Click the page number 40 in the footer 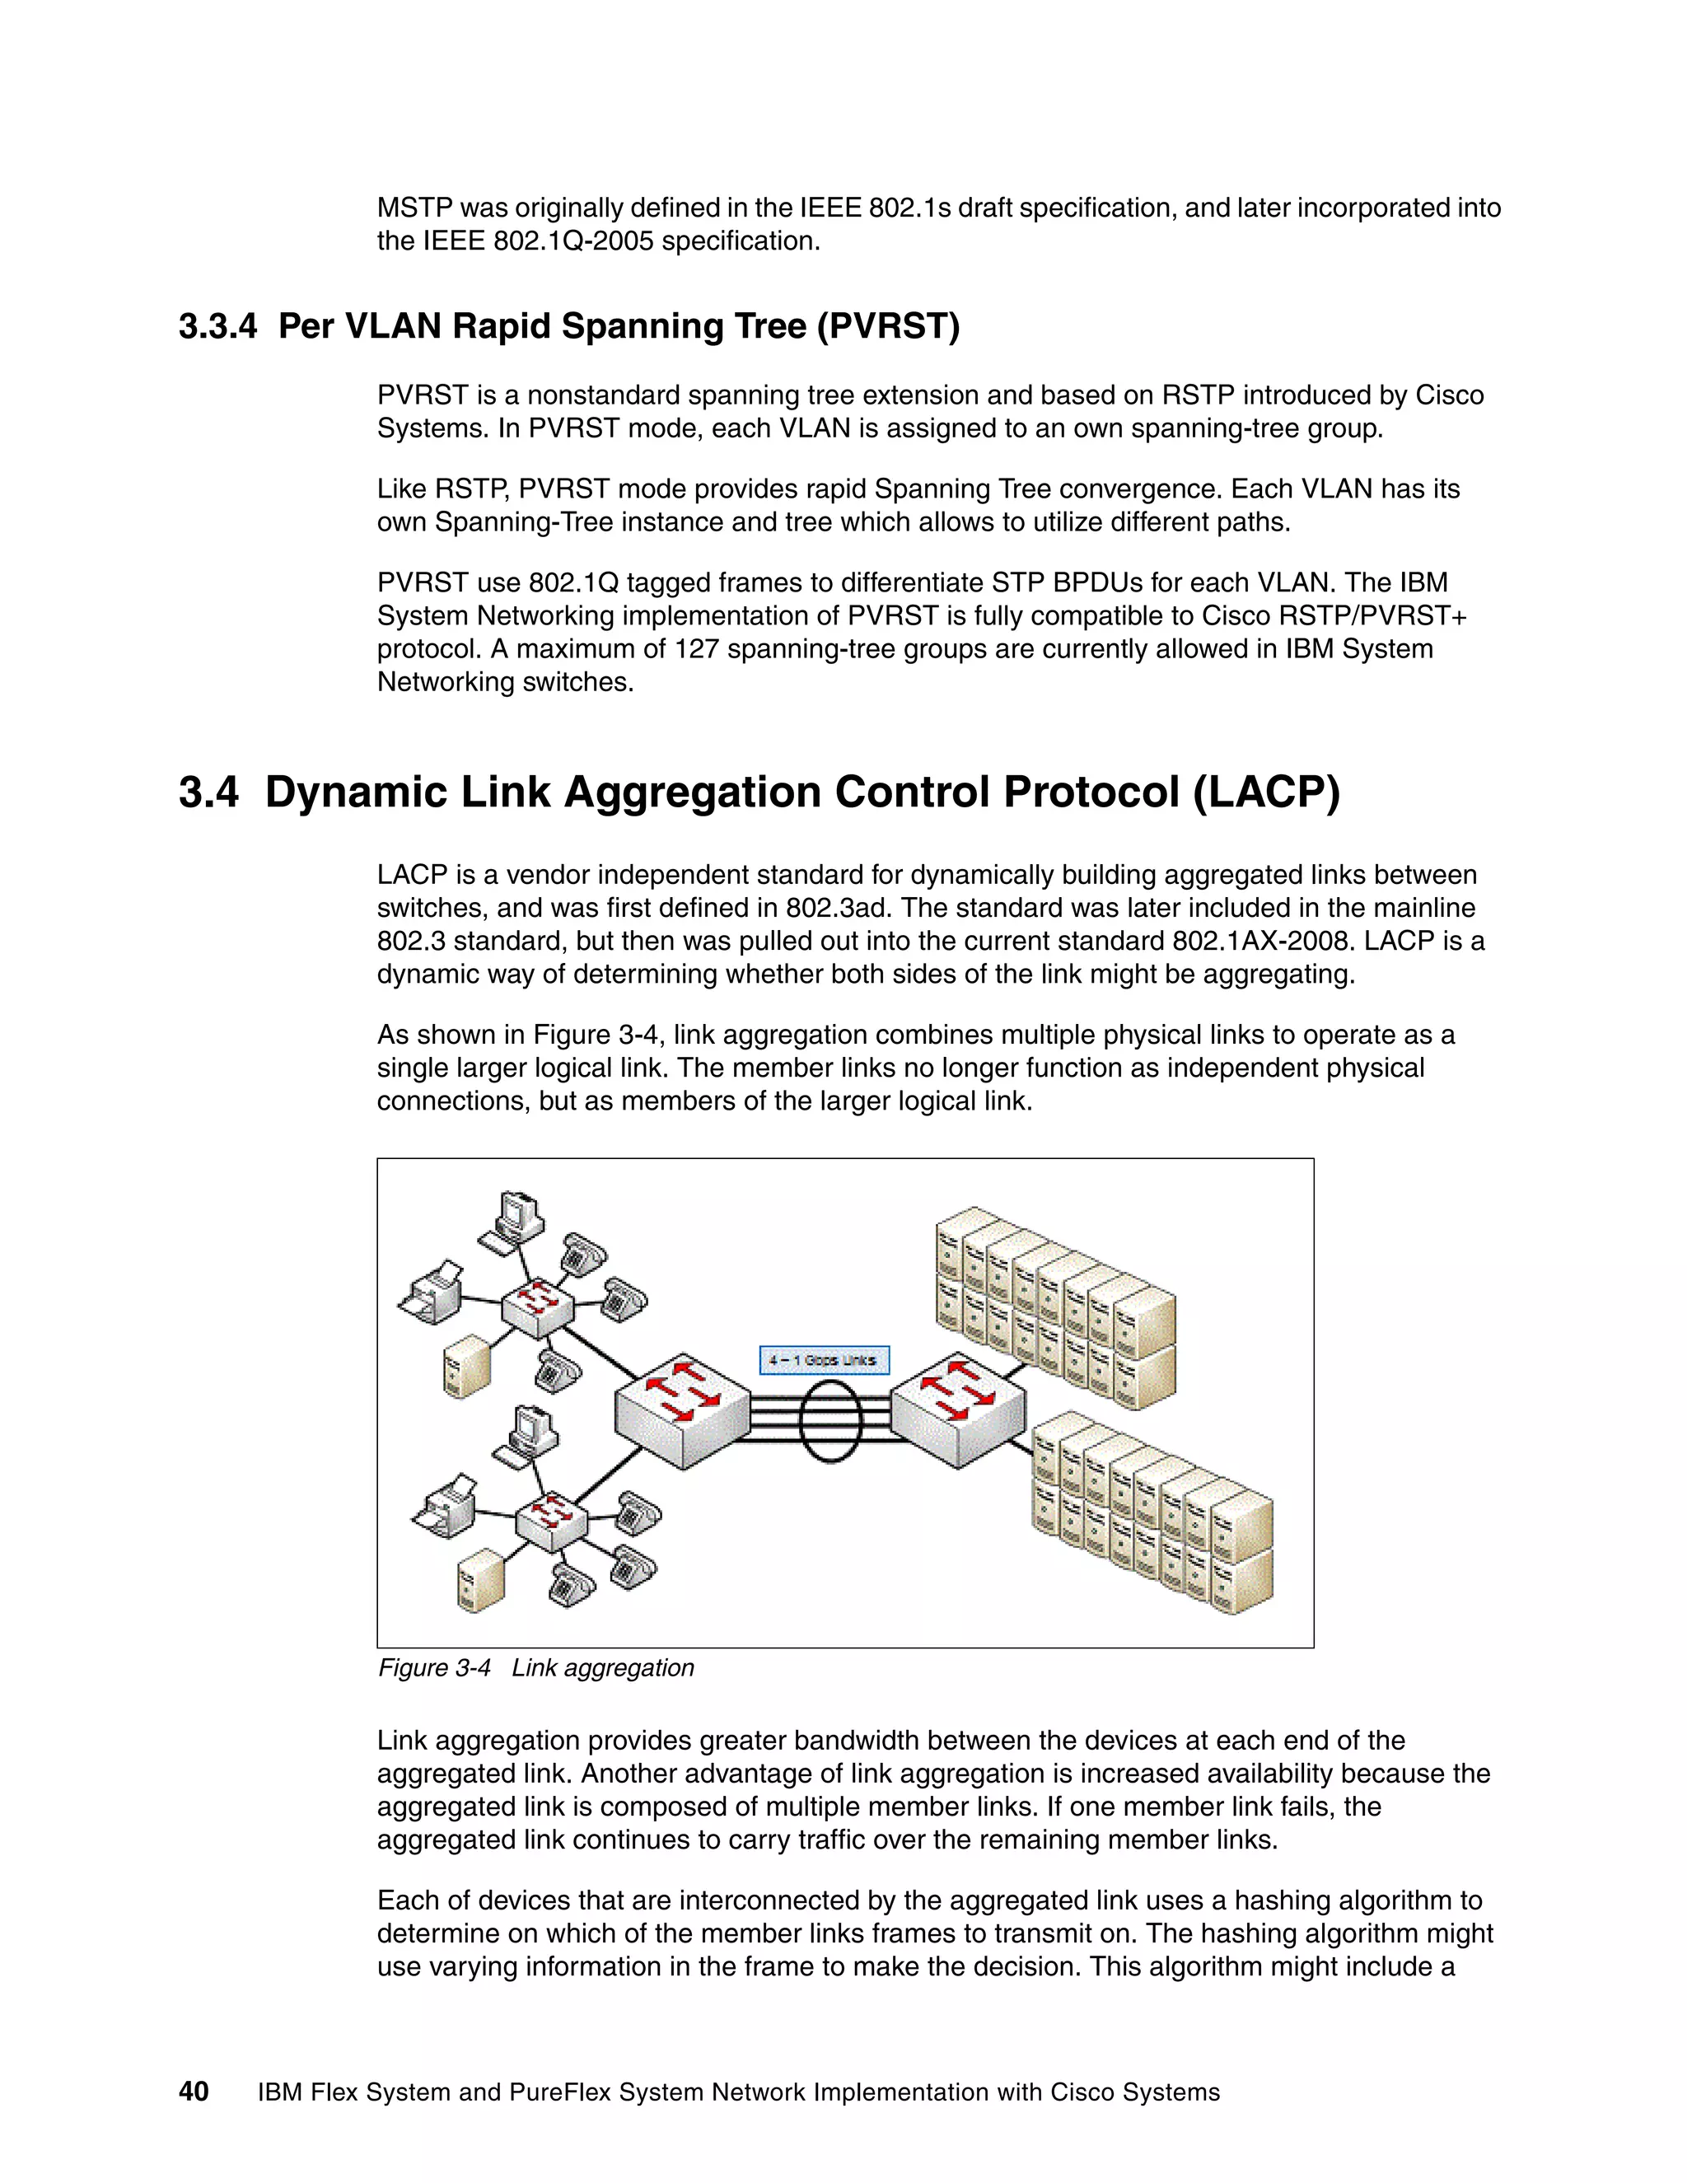tap(194, 2091)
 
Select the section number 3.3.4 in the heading tap(217, 326)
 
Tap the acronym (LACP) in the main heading tap(1266, 792)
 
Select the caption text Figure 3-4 tap(435, 1667)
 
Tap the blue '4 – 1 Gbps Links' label tap(823, 1360)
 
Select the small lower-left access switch tap(549, 1521)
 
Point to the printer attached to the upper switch tap(431, 1290)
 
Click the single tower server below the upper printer tap(467, 1364)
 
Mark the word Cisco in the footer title tap(1083, 2092)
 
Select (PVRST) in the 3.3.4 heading tap(887, 326)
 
